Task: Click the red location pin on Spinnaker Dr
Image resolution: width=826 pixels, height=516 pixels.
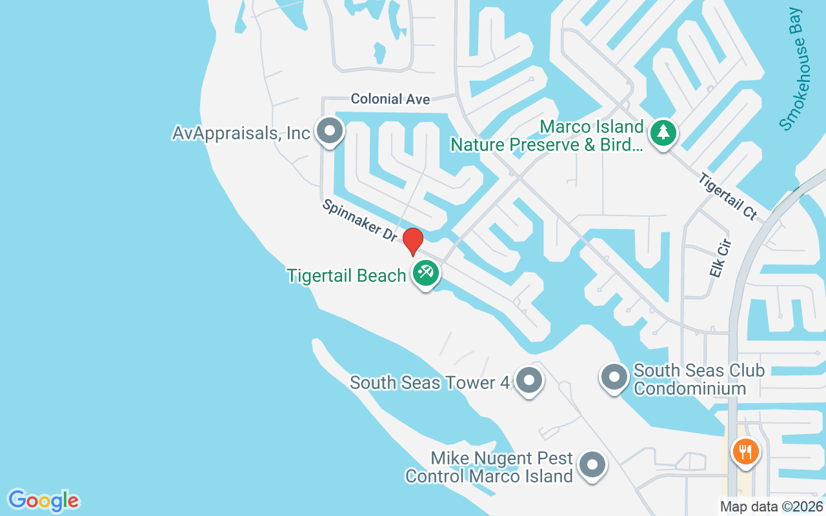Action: click(413, 241)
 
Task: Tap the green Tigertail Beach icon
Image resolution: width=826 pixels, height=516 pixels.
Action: click(425, 273)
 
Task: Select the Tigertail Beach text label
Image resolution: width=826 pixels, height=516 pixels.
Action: click(347, 276)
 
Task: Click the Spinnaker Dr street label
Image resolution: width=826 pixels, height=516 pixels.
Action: click(360, 219)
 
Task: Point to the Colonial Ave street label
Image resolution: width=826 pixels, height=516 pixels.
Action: click(390, 99)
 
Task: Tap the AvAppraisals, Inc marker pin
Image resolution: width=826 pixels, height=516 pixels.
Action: click(330, 131)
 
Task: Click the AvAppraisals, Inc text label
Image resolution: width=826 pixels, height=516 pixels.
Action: click(241, 133)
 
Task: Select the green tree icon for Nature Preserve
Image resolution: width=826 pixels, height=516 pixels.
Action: click(663, 133)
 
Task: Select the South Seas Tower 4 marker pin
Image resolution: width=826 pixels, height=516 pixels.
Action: click(529, 381)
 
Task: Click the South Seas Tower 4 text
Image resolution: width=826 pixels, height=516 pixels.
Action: click(430, 382)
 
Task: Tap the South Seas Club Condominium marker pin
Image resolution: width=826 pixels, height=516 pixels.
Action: click(614, 377)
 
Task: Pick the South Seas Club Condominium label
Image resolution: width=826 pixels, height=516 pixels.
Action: click(690, 379)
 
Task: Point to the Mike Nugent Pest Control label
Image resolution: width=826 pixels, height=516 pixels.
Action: click(489, 468)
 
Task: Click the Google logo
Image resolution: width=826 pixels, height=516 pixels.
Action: click(43, 501)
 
